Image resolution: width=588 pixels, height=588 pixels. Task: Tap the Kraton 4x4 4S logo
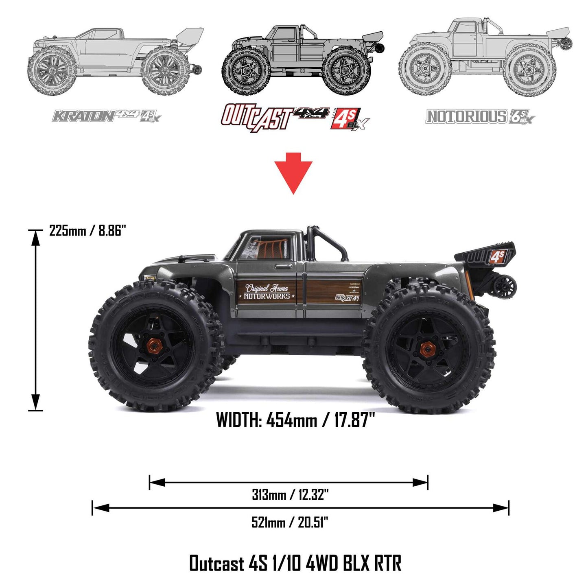[107, 116]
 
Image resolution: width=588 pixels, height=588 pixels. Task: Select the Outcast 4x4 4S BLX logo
[295, 118]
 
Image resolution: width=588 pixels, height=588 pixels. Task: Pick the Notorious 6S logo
[480, 117]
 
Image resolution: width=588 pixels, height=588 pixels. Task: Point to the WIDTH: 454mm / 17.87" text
[295, 420]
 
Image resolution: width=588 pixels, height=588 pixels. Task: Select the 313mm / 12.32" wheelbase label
[290, 495]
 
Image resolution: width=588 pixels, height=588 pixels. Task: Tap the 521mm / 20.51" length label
[290, 522]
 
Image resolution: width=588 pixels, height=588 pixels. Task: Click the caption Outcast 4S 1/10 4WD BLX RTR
[295, 564]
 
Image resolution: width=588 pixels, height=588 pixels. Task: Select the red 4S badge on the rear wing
[497, 256]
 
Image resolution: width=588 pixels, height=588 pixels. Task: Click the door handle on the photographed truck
[280, 267]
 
